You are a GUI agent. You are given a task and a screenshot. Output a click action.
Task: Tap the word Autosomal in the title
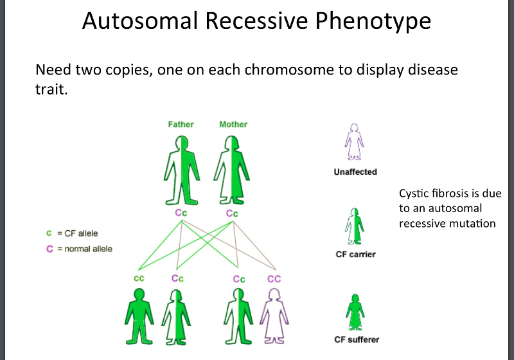pyautogui.click(x=141, y=21)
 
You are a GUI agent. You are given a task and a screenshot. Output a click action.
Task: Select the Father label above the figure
pyautogui.click(x=181, y=124)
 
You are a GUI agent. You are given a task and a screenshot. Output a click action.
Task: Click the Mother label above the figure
pyautogui.click(x=233, y=124)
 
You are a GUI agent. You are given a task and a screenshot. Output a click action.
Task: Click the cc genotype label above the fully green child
pyautogui.click(x=138, y=278)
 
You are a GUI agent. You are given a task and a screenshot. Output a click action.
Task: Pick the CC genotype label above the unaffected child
pyautogui.click(x=274, y=278)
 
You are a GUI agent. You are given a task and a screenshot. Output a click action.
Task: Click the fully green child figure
pyautogui.click(x=139, y=314)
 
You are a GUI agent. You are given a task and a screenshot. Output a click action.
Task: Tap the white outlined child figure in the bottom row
pyautogui.click(x=274, y=314)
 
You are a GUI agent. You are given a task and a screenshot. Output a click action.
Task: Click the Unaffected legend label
pyautogui.click(x=355, y=172)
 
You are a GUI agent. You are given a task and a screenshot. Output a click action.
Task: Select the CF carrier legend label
pyautogui.click(x=355, y=255)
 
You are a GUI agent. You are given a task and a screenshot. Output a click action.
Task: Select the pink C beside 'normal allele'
pyautogui.click(x=49, y=249)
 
